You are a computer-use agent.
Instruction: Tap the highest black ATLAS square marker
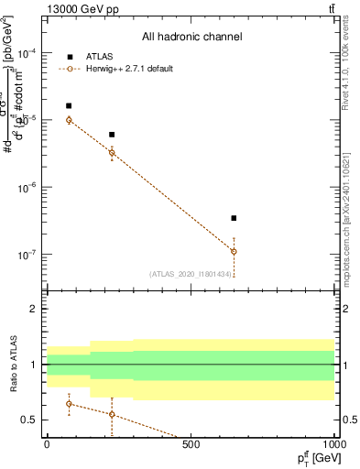[69, 106]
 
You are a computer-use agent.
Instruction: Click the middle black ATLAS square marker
[112, 135]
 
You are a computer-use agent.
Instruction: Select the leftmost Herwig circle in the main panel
[69, 120]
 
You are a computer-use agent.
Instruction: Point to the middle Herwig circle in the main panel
[112, 153]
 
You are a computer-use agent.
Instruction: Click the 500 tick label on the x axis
[190, 445]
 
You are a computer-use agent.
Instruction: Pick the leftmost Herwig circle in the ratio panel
[69, 404]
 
